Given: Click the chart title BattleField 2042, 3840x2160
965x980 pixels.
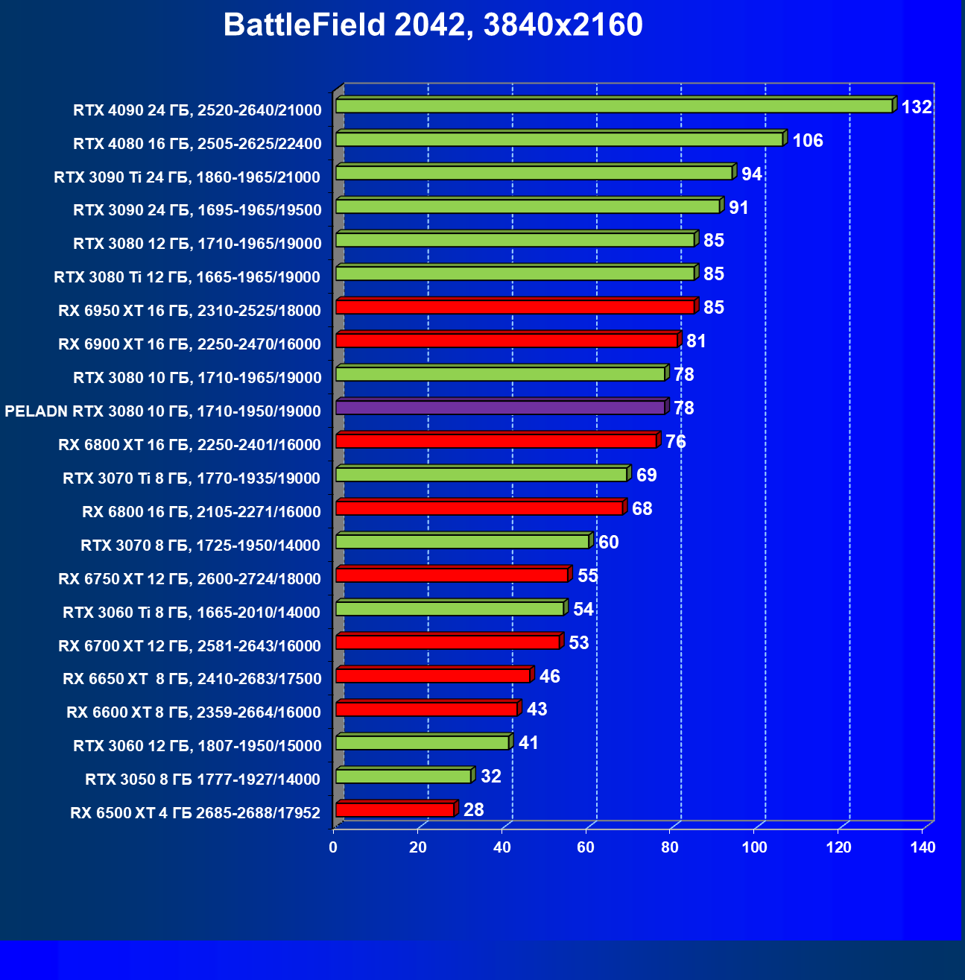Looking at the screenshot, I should (433, 25).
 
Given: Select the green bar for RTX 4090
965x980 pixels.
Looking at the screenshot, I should (614, 106).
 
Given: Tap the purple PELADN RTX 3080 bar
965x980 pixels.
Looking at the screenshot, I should (500, 408).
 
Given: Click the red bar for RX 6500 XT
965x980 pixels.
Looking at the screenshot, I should (395, 810).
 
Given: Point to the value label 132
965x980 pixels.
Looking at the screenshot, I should (917, 107).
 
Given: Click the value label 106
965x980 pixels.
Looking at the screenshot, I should (808, 141).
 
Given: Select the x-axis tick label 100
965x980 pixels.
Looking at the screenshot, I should (754, 847).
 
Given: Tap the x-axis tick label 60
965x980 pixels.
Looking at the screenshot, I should (586, 847).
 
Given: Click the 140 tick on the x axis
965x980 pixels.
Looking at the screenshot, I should (923, 847).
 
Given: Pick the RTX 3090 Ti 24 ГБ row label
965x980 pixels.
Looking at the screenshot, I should (187, 177).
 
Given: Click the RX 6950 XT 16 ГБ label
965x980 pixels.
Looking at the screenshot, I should (189, 311).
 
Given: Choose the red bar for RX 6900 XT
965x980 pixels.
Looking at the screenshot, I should (507, 341).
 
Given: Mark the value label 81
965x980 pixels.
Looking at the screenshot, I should (696, 341).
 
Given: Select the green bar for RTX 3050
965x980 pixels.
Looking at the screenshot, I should (403, 777).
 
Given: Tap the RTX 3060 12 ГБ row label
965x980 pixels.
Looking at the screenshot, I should (197, 746).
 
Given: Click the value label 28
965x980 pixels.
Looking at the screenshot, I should (474, 810).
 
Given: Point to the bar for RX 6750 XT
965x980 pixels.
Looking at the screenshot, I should (452, 575).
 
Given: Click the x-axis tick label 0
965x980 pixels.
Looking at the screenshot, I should (333, 847).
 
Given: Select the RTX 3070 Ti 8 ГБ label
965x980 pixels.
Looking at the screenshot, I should (192, 478).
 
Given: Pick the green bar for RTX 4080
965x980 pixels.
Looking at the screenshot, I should (559, 139).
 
